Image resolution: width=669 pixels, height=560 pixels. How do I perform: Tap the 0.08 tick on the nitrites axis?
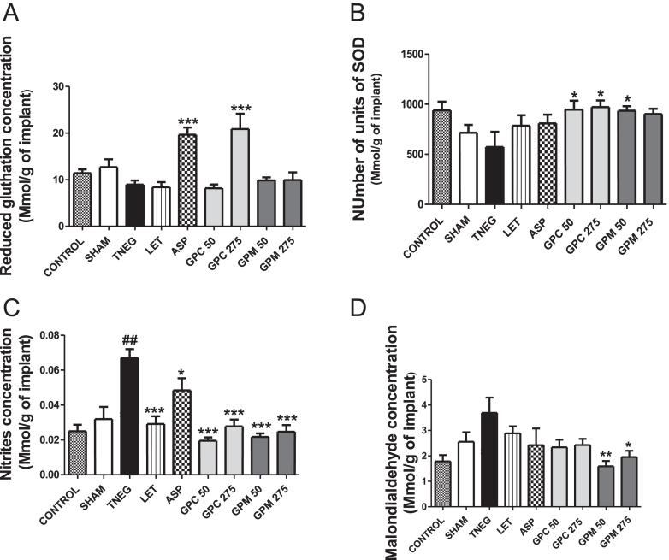point(54,336)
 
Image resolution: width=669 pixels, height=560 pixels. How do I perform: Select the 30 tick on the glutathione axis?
point(59,86)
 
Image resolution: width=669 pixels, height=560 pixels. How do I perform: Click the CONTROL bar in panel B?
point(441,157)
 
